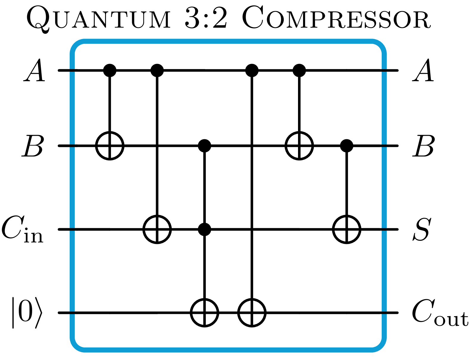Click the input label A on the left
pyautogui.click(x=35, y=71)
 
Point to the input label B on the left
pyautogui.click(x=33, y=146)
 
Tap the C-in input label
pyautogui.click(x=23, y=230)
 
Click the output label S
pyautogui.click(x=421, y=230)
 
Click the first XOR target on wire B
pyautogui.click(x=110, y=146)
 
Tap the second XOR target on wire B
pyautogui.click(x=299, y=146)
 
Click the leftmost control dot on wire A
pyautogui.click(x=110, y=71)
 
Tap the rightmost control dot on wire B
pyautogui.click(x=347, y=146)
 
